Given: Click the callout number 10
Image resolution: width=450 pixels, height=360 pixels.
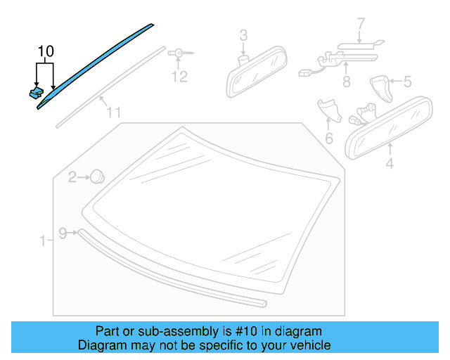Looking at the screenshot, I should pos(45,51).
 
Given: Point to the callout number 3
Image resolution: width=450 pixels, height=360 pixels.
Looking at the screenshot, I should pos(243,34).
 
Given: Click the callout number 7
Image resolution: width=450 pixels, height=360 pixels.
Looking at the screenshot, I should pos(360,24).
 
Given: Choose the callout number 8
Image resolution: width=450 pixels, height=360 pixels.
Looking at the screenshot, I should pos(346,82).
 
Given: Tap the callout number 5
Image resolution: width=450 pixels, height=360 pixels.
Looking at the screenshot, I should pos(406,82).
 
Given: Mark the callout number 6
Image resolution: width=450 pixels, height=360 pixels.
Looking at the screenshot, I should pos(328,139).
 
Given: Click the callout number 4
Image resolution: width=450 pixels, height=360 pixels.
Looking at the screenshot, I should pos(390,167).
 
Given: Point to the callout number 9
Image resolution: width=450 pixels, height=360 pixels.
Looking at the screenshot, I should pos(63,233).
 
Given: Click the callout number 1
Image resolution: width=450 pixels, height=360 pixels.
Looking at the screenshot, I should pos(43,241).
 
